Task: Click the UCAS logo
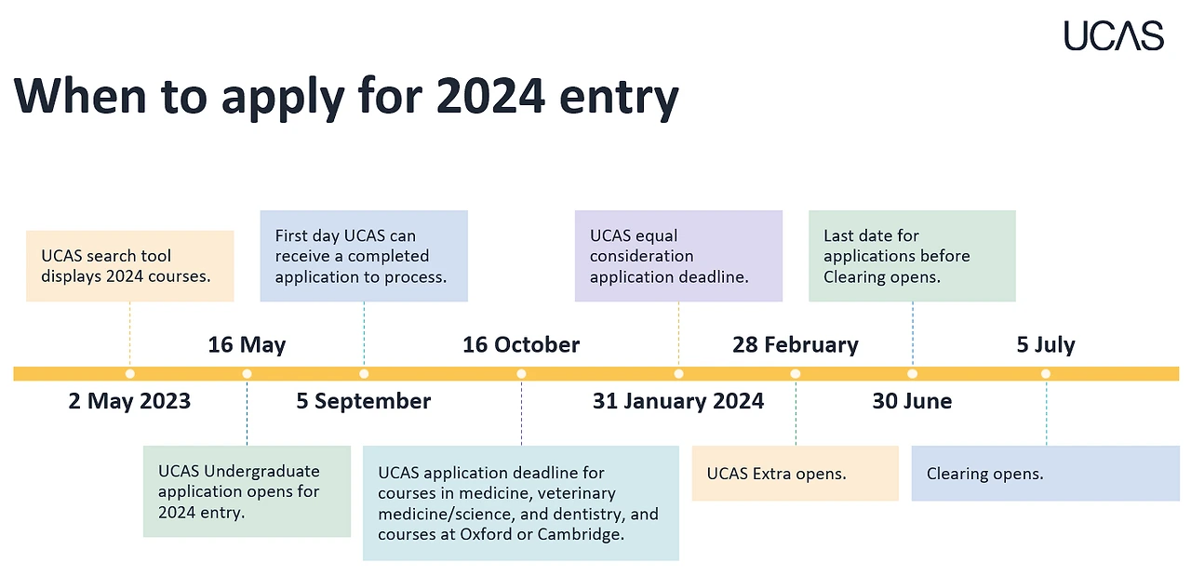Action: (x=1114, y=35)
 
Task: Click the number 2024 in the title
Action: (x=490, y=96)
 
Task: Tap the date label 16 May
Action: (x=247, y=344)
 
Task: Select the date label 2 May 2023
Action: (x=129, y=401)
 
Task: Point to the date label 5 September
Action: (x=364, y=401)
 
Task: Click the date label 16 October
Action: (x=521, y=344)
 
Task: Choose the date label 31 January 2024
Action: (x=678, y=401)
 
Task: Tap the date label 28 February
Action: (x=796, y=344)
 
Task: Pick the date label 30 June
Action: (x=913, y=401)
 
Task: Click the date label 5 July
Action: (x=1046, y=344)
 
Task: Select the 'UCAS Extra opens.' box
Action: (x=796, y=474)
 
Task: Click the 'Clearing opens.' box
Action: (x=1045, y=474)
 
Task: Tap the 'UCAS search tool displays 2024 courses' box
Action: (x=129, y=266)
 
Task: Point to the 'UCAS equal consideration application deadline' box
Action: (x=678, y=256)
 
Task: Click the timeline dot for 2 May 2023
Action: (x=129, y=374)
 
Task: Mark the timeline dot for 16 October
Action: (x=521, y=374)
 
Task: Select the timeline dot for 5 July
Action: (x=1046, y=374)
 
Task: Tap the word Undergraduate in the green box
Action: (x=261, y=471)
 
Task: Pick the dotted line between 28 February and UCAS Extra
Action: (x=796, y=412)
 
